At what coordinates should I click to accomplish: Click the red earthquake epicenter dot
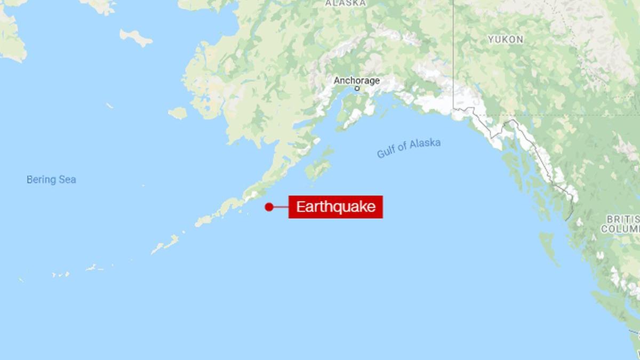[x=269, y=207]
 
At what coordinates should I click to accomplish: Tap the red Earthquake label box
[x=335, y=207]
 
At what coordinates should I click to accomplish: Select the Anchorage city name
[x=356, y=81]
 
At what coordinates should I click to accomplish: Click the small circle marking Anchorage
[x=357, y=89]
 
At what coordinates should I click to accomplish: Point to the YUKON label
[x=505, y=39]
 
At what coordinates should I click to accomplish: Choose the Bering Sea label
[x=51, y=180]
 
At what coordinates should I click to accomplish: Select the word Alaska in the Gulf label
[x=426, y=144]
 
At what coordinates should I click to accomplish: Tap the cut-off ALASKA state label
[x=346, y=3]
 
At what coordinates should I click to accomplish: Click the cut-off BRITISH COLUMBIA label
[x=622, y=224]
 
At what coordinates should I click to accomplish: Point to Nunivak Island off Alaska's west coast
[x=178, y=113]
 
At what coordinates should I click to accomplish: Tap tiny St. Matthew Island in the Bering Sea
[x=109, y=106]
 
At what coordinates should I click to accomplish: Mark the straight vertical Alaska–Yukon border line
[x=453, y=53]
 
